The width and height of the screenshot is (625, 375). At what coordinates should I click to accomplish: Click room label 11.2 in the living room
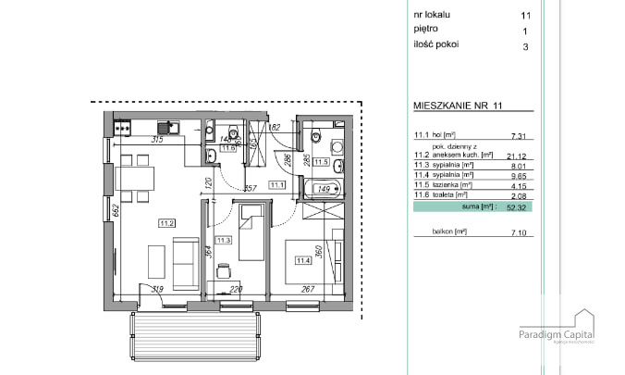pos(167,222)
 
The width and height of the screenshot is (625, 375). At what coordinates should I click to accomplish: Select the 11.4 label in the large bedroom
pos(301,259)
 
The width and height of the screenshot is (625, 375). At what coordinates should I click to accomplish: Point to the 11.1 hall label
pos(276,185)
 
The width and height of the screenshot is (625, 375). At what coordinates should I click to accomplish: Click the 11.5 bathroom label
pos(321,162)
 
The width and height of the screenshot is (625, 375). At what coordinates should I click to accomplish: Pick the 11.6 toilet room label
pos(227,146)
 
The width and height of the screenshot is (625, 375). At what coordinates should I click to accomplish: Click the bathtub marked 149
pos(324,191)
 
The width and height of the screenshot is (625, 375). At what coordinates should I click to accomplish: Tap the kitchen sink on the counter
pos(166,128)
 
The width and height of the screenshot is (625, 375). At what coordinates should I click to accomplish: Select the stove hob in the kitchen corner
pos(120,128)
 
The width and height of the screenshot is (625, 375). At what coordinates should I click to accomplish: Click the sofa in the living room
pos(185,260)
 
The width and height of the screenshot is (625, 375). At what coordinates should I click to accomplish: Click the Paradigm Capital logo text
pos(556,334)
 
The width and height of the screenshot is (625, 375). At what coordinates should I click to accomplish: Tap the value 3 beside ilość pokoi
pos(526,44)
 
